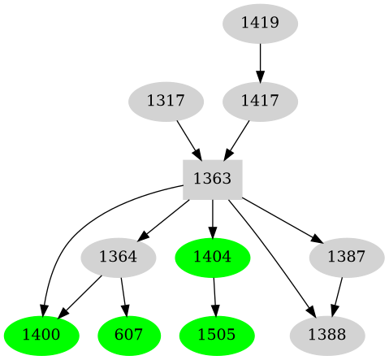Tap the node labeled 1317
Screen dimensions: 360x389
pos(166,102)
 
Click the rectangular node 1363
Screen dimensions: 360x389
pos(213,179)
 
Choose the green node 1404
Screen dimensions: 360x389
pos(213,257)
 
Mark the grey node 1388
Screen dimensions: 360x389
pos(327,335)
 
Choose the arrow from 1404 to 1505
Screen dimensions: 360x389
pos(214,296)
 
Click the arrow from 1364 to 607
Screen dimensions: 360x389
pos(123,296)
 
